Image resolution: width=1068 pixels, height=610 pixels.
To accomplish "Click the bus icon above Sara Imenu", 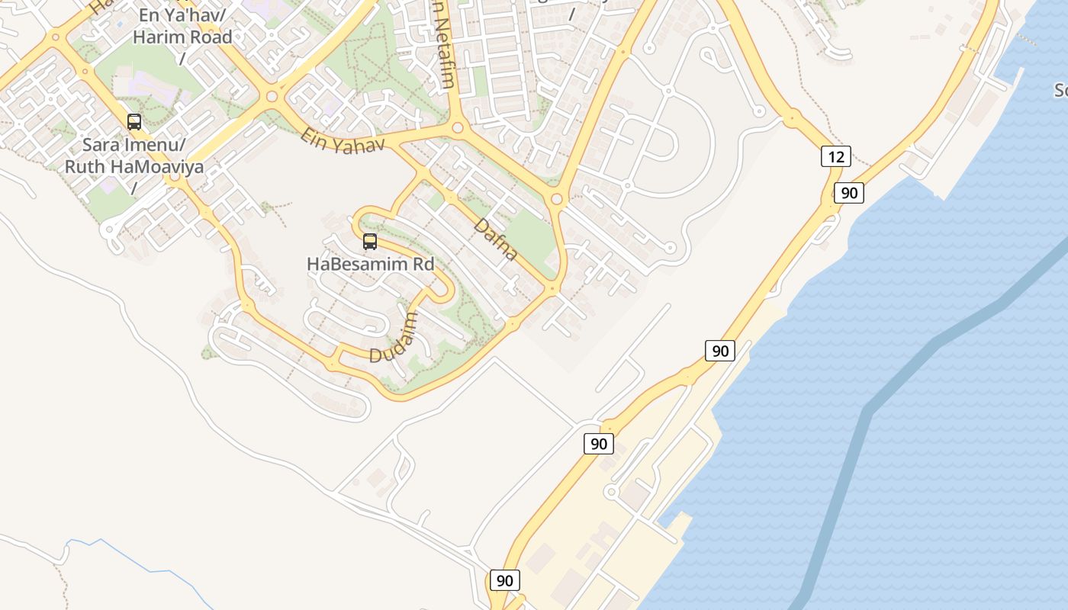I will coord(134,122).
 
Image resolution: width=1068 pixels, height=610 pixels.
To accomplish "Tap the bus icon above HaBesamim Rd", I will coord(370,242).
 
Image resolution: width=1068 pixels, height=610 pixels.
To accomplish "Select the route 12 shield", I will coord(836,156).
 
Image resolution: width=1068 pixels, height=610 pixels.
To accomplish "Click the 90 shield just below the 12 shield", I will coord(848,193).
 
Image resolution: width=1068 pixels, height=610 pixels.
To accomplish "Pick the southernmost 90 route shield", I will coord(504,580).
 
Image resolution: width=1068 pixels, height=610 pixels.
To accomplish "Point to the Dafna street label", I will coord(496,240).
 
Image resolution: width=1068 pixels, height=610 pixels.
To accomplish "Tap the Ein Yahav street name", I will coord(343,140).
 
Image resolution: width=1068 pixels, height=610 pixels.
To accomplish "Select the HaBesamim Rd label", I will coord(370,265).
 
